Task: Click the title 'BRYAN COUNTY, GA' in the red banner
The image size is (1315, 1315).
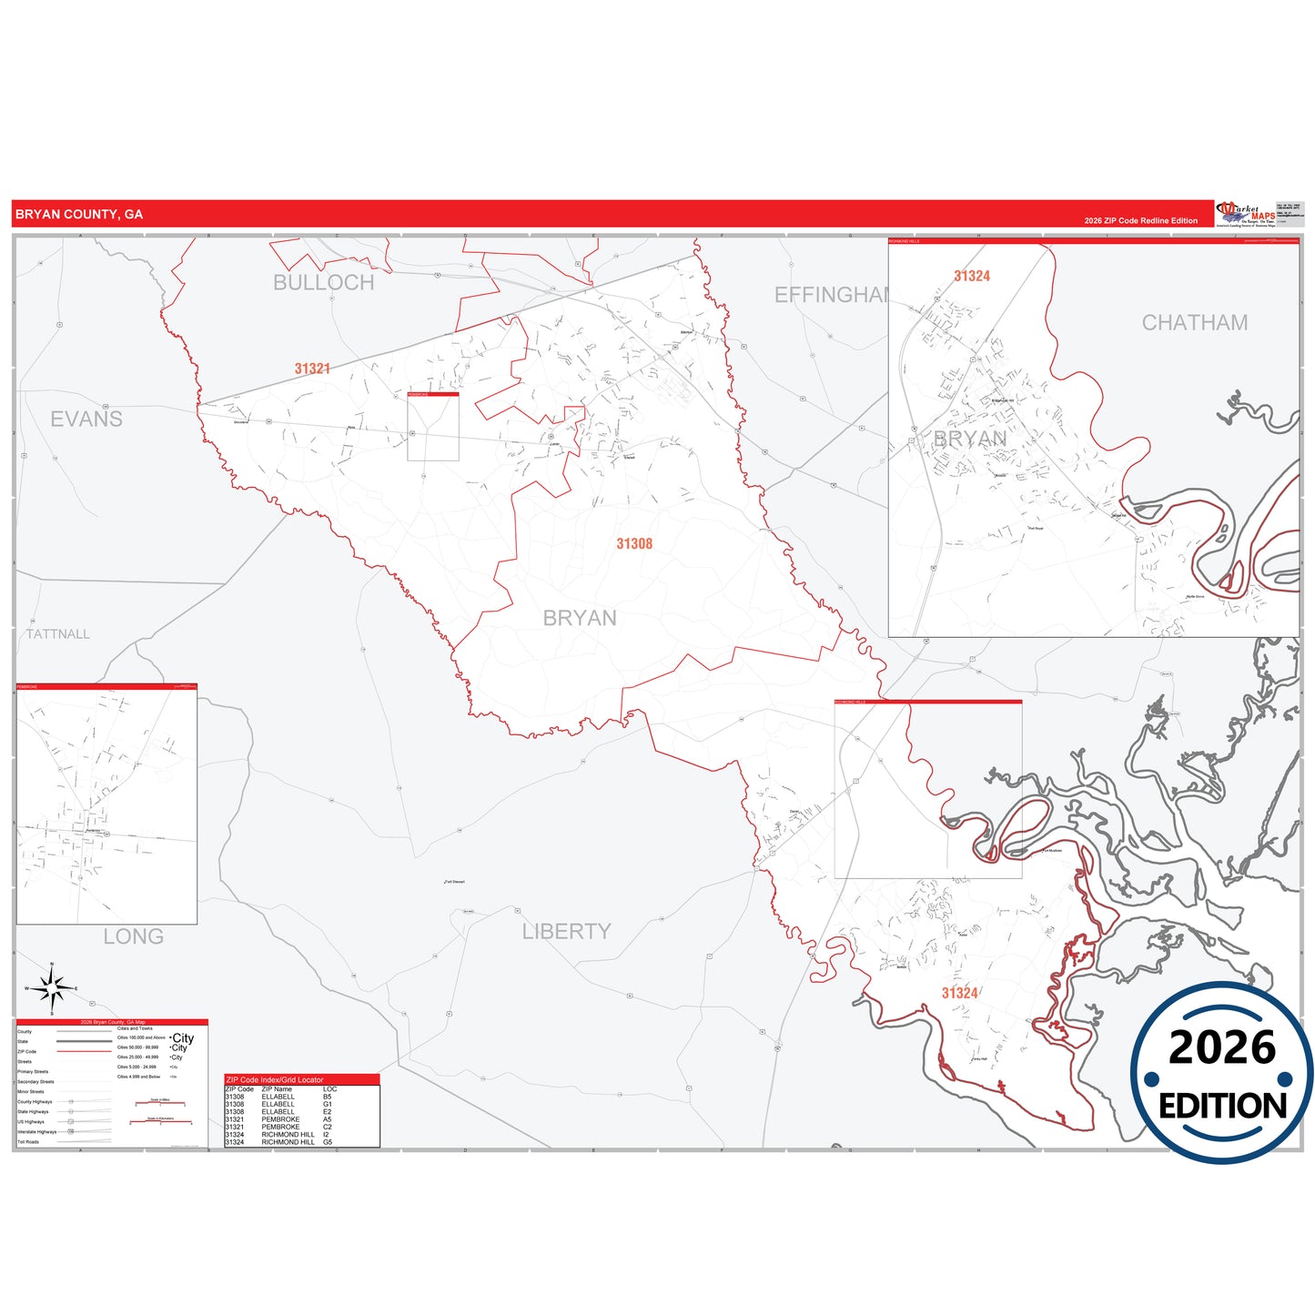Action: pos(79,215)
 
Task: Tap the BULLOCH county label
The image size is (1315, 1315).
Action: pos(323,283)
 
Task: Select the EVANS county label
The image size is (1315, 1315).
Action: pos(86,420)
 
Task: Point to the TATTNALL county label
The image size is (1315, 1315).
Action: pos(58,634)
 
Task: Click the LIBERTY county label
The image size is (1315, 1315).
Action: pos(566,932)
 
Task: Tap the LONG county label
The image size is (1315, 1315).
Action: pos(133,936)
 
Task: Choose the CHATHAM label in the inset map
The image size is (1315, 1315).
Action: pos(1194,323)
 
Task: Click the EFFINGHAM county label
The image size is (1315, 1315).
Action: pos(831,295)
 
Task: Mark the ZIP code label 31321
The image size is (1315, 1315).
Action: pos(312,369)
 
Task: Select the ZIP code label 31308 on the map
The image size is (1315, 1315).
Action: pos(634,543)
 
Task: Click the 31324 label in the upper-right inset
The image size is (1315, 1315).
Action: pos(971,276)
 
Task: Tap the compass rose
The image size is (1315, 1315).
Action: pos(52,988)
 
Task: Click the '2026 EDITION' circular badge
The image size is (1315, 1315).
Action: pos(1221,1073)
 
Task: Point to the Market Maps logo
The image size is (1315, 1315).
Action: pos(1245,215)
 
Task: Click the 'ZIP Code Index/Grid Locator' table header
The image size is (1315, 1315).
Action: pos(275,1079)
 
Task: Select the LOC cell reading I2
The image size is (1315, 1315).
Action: pos(326,1134)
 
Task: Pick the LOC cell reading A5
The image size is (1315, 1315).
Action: pos(327,1119)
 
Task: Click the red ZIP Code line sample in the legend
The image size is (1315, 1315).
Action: pos(84,1052)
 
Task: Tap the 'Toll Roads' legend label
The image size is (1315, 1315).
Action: pos(28,1142)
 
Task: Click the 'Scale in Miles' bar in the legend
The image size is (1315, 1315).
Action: pos(160,1104)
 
